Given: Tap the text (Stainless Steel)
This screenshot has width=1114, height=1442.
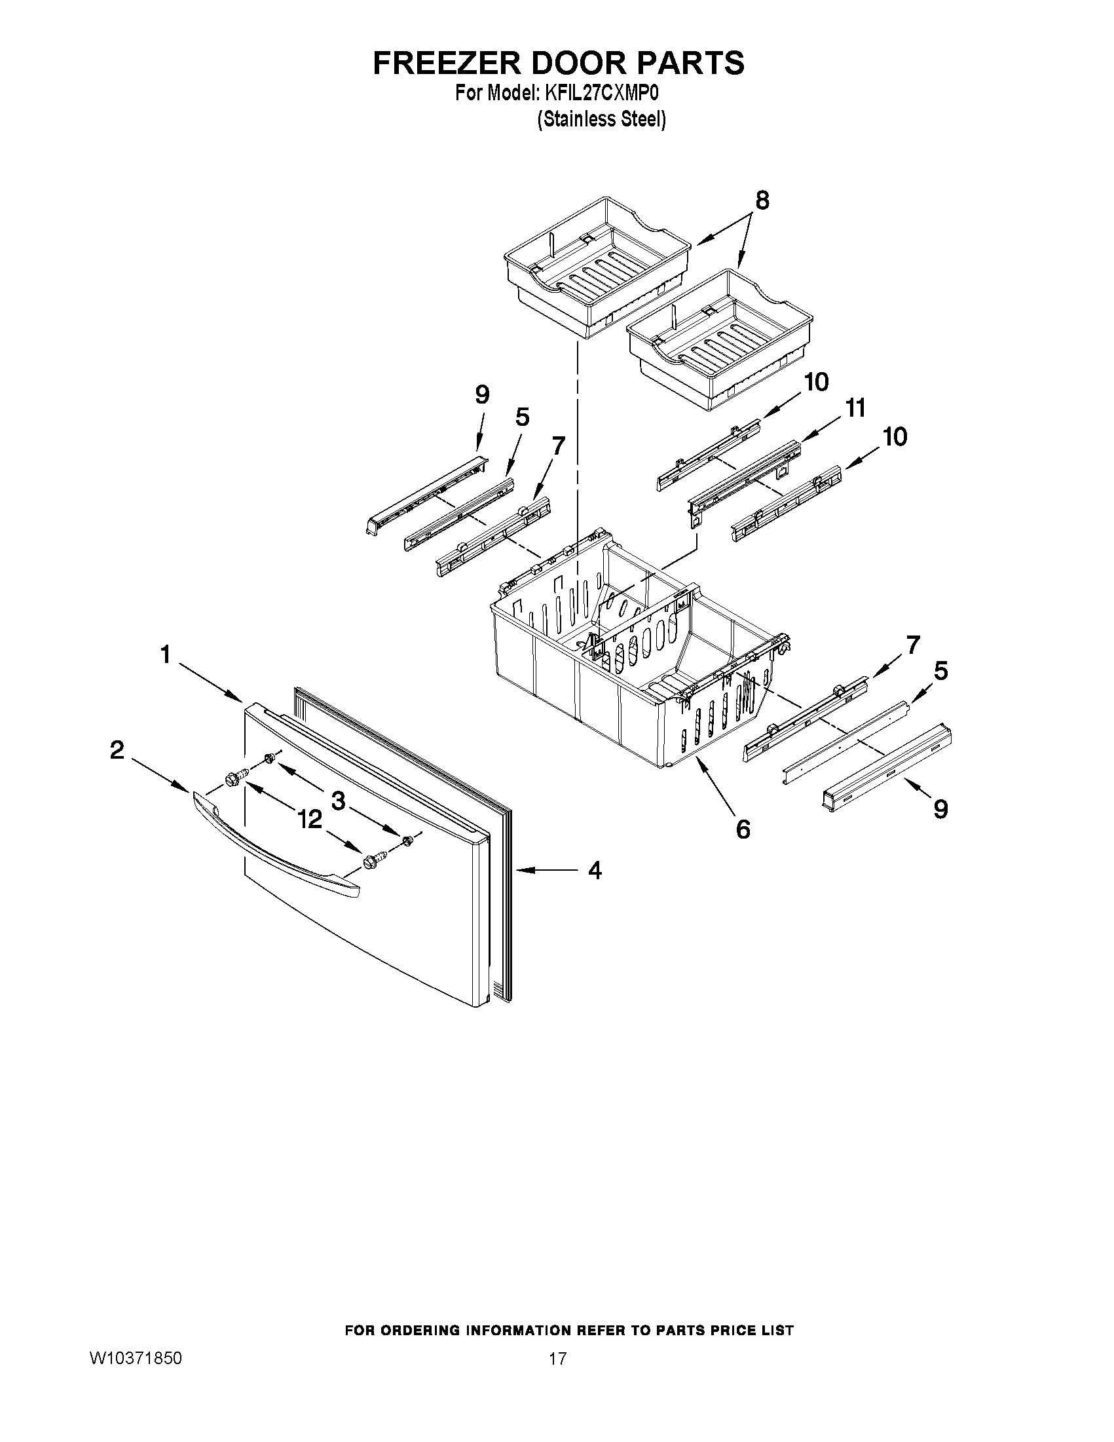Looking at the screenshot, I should coord(601,119).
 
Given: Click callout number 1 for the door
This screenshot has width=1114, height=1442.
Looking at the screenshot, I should coord(165,655).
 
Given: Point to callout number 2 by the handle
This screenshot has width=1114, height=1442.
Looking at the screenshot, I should coord(117,750).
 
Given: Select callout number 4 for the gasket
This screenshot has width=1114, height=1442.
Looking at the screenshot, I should coord(595,871).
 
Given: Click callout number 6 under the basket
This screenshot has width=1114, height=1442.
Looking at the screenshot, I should coord(743,829).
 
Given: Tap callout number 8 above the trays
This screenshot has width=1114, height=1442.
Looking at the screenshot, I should coord(762,200).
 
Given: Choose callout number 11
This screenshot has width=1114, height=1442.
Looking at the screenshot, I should coord(855,409).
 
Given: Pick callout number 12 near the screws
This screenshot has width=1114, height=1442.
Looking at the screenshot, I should coord(310,820).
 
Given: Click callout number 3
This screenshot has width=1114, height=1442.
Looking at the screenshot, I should coord(338,801).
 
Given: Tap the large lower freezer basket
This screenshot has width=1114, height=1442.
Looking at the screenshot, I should coord(633,660).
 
